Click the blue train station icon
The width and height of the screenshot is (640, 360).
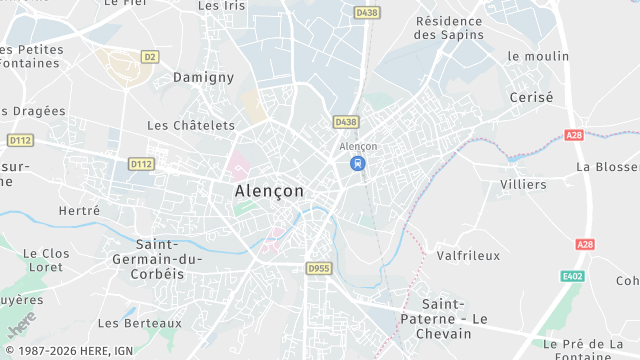[357, 164]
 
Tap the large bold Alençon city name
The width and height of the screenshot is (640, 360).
[269, 190]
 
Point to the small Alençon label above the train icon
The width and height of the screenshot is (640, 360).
[358, 146]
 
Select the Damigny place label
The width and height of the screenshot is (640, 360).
[203, 77]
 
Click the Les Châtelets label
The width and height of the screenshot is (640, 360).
[190, 126]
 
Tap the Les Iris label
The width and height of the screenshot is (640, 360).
[222, 5]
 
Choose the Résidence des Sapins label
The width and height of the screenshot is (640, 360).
[449, 27]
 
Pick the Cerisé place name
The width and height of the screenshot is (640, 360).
[531, 97]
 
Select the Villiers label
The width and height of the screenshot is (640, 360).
[523, 185]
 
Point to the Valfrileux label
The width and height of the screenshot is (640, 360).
[468, 255]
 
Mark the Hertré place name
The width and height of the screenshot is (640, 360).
[80, 211]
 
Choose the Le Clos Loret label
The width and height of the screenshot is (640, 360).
[46, 261]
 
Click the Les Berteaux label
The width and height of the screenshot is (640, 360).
[140, 323]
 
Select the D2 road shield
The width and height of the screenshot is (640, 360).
[150, 56]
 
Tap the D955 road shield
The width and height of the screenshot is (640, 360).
[318, 268]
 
